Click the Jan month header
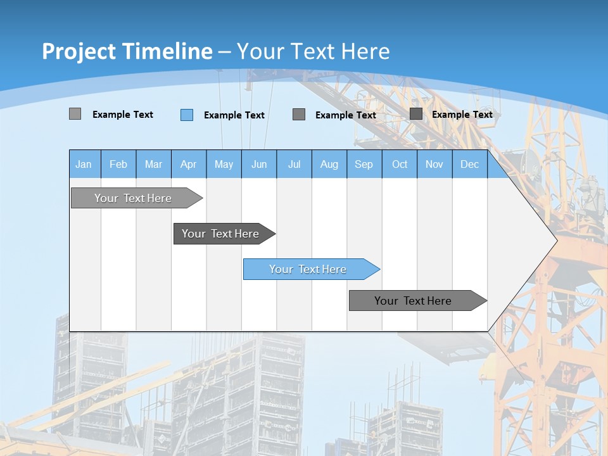84,165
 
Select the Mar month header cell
153,165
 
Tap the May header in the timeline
224,165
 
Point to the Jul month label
294,165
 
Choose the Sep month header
364,165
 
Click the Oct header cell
400,165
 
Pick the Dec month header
469,165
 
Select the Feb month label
118,165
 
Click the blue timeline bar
308,269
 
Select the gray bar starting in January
133,198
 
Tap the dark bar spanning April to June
220,234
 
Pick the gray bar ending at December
413,301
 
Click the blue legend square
187,115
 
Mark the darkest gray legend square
416,114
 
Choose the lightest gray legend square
75,114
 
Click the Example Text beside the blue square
234,115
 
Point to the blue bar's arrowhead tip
379,269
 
